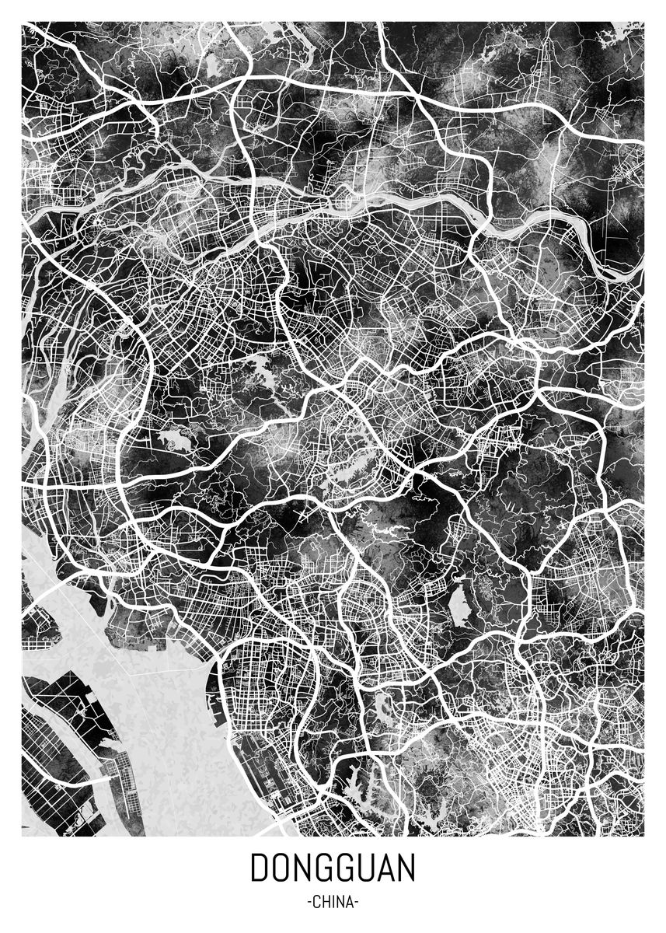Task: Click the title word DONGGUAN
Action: click(333, 868)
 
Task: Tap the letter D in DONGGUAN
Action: click(258, 868)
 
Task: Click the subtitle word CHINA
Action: click(333, 903)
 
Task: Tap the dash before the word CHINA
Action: click(310, 903)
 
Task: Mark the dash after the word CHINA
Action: click(356, 903)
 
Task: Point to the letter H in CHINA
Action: click(326, 903)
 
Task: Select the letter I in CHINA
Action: click(333, 903)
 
